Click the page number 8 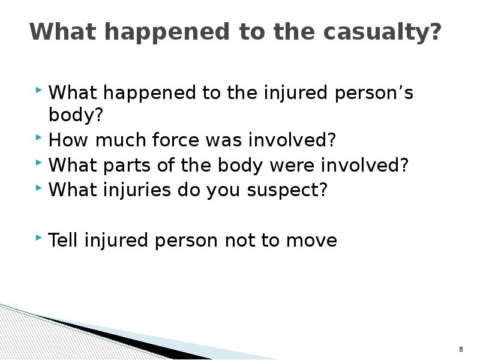[x=461, y=349]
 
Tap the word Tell [x=64, y=241]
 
